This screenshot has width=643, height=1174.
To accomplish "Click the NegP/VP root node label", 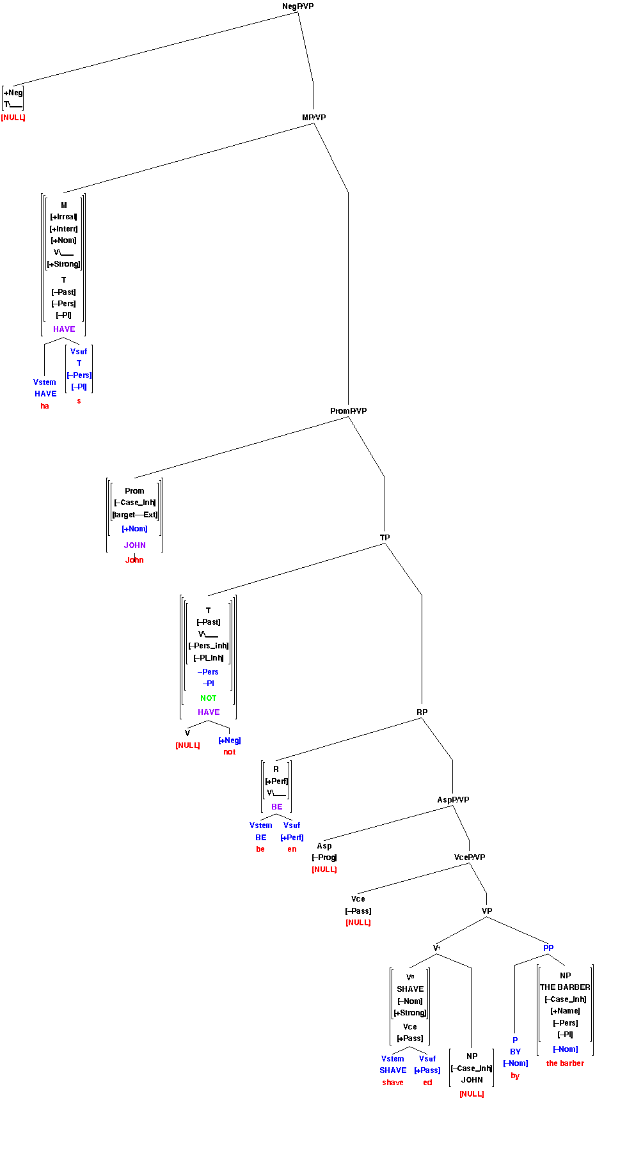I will pyautogui.click(x=298, y=6).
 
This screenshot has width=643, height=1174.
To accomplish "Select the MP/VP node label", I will pyautogui.click(x=314, y=118).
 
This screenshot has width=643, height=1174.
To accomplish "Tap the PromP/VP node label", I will pyautogui.click(x=349, y=411).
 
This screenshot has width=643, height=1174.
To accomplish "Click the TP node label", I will pyautogui.click(x=385, y=538).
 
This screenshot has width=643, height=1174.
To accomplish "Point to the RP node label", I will pyautogui.click(x=422, y=712).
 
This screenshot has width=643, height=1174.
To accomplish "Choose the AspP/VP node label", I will pyautogui.click(x=453, y=800).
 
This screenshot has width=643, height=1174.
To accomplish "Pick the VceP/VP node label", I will pyautogui.click(x=470, y=857).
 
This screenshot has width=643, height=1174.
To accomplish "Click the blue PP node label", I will pyautogui.click(x=548, y=948).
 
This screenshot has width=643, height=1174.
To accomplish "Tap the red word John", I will pyautogui.click(x=134, y=560).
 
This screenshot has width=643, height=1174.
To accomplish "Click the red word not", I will pyautogui.click(x=229, y=752).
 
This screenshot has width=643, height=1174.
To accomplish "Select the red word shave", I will pyautogui.click(x=393, y=1083).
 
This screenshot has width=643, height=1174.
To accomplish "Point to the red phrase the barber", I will pyautogui.click(x=565, y=1063).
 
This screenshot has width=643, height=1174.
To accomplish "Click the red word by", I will pyautogui.click(x=515, y=1076).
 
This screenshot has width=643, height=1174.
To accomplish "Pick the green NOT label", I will pyautogui.click(x=209, y=698).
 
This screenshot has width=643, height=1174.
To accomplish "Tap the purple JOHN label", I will pyautogui.click(x=134, y=545).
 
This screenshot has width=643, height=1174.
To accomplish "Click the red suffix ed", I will pyautogui.click(x=427, y=1083).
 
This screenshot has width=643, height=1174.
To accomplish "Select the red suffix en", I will pyautogui.click(x=292, y=849).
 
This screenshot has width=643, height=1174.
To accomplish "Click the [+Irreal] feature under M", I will pyautogui.click(x=63, y=217).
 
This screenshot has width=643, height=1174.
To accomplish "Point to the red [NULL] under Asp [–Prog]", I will pyautogui.click(x=324, y=870).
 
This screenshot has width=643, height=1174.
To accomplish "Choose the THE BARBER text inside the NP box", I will pyautogui.click(x=565, y=987).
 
